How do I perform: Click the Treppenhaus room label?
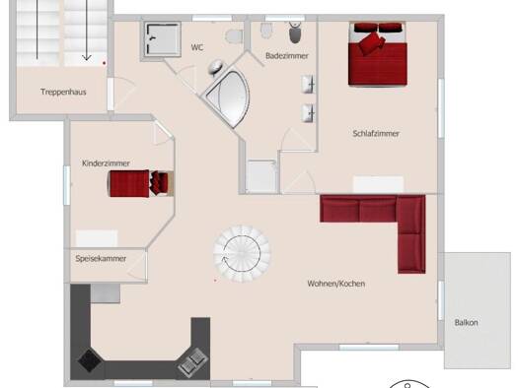tap(63, 92)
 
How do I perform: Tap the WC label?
tap(197, 47)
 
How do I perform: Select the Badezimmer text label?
tap(287, 56)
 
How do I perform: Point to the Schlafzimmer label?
tap(376, 134)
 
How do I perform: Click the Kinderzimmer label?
tap(106, 163)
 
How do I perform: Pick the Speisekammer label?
tap(101, 258)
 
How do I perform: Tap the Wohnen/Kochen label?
tap(336, 284)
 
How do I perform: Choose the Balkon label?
tap(466, 322)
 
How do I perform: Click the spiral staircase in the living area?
tap(242, 254)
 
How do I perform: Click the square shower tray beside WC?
tap(162, 39)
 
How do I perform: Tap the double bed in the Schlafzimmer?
tap(378, 54)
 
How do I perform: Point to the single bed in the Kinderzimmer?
tap(141, 183)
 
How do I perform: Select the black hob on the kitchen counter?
tap(90, 360)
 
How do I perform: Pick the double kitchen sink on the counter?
tap(192, 362)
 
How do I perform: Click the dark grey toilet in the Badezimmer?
tap(295, 32)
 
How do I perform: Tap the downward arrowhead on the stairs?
tap(87, 57)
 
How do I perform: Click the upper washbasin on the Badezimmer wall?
tap(308, 84)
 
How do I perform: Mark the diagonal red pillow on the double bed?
tap(372, 43)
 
